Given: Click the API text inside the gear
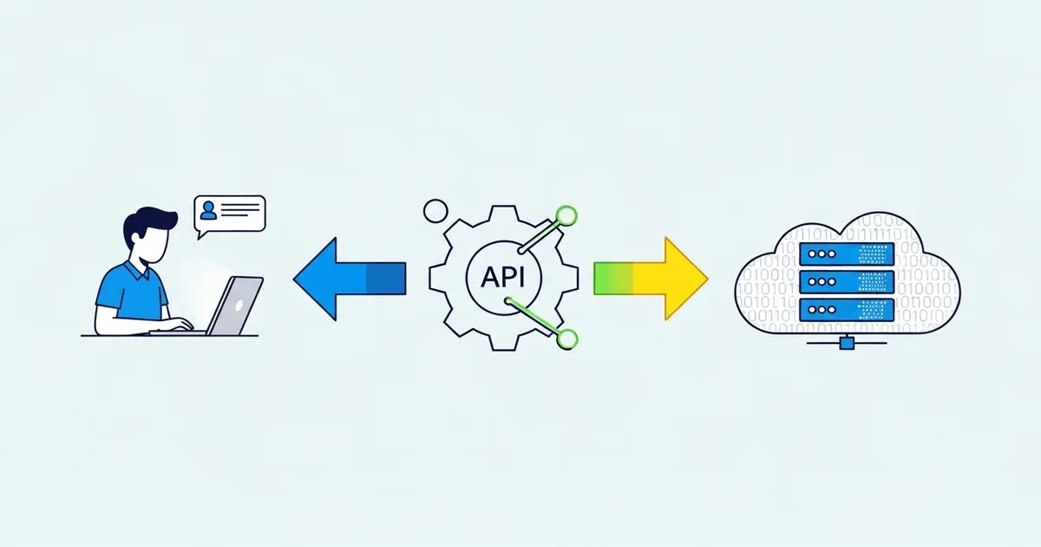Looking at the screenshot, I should (x=502, y=277).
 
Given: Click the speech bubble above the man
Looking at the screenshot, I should (x=231, y=214).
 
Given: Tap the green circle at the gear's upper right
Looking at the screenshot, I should (x=566, y=214).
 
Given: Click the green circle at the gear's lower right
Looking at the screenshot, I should (x=567, y=339).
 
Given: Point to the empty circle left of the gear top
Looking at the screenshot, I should (x=435, y=210).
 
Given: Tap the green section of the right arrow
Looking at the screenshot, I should (x=612, y=278).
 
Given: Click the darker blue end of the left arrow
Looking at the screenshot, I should (x=386, y=278).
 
